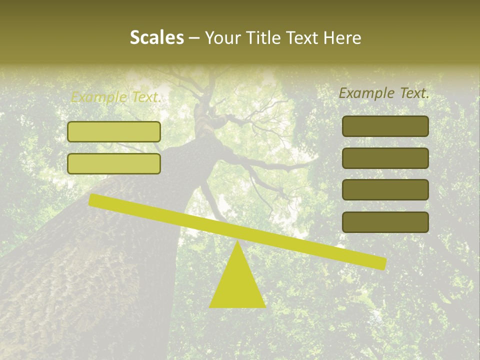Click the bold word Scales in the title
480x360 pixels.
point(157,37)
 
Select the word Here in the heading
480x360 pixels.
point(342,37)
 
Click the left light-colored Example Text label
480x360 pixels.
point(115,97)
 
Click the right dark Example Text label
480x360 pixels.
point(384,93)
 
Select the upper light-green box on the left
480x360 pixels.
point(114,132)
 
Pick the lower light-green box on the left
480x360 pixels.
point(114,164)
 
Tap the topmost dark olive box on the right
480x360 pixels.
point(385,126)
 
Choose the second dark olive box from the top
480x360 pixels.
point(385,158)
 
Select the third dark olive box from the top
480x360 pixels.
point(385,190)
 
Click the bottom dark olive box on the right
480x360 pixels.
point(385,222)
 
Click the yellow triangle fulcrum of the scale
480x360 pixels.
point(237,285)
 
